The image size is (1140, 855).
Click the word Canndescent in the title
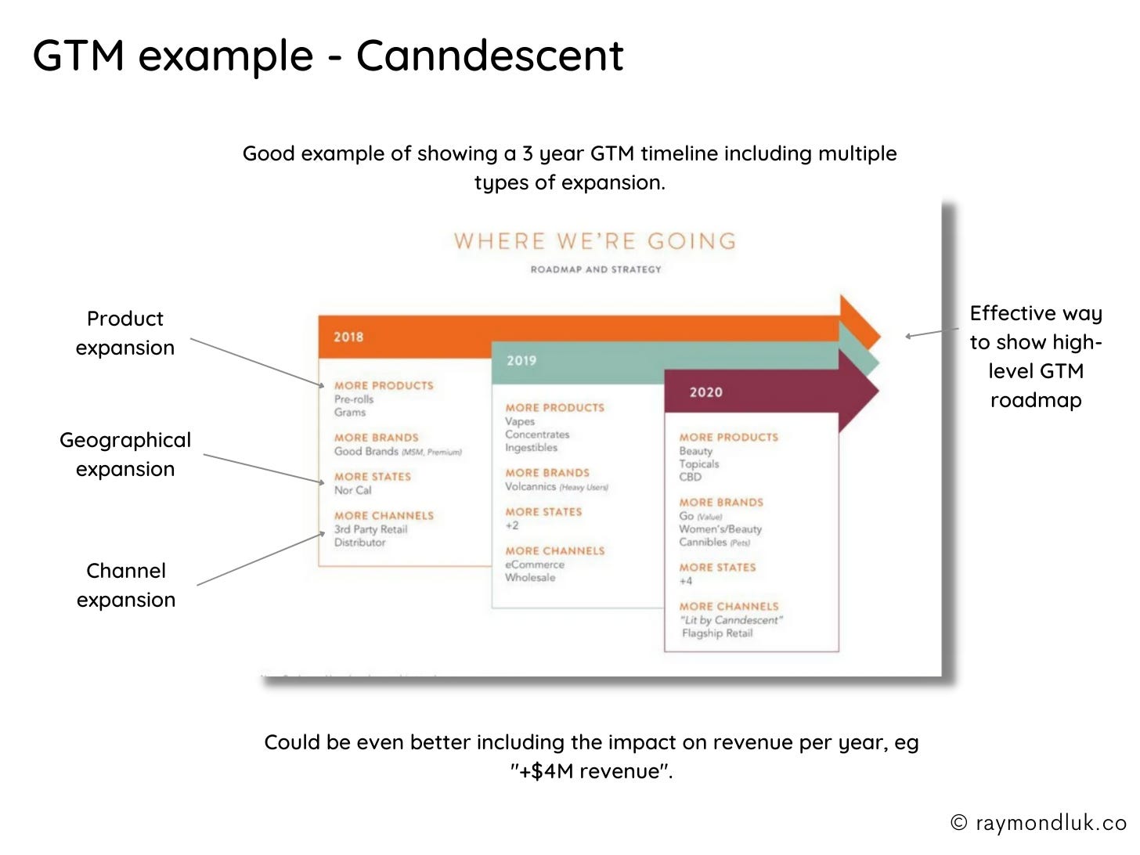(489, 56)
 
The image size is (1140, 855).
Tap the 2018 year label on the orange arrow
(348, 337)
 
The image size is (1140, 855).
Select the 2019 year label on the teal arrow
(521, 361)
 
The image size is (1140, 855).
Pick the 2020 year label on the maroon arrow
(705, 392)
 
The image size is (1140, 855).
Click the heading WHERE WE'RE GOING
(595, 241)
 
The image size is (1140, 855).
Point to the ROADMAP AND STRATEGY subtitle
(596, 269)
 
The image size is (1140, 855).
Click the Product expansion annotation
(125, 333)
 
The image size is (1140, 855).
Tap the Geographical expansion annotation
(125, 454)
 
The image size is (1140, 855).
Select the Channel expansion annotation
(126, 585)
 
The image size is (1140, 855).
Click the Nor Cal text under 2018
(353, 490)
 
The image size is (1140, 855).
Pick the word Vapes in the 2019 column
(520, 421)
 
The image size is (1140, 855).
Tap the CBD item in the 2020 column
(691, 477)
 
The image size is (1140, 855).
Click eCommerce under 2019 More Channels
(535, 565)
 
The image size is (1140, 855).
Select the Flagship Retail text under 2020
(717, 633)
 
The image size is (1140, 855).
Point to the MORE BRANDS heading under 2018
(377, 438)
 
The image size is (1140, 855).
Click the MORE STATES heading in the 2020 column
(717, 568)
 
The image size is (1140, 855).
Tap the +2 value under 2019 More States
(512, 525)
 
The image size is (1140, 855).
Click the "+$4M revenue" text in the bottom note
(591, 771)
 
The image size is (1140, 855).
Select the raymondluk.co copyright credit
(1038, 823)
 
